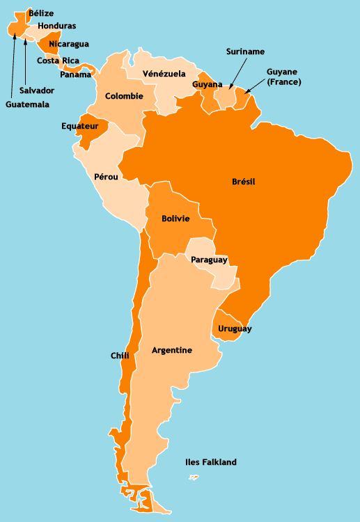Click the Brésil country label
244,182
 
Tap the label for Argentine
172,350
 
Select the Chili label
120,356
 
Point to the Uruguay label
235,329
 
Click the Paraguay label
209,260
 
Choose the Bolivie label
175,219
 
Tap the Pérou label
105,177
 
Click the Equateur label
79,127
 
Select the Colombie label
124,96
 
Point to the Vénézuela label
164,73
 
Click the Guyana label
207,84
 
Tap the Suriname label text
245,52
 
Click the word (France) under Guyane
283,82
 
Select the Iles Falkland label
211,462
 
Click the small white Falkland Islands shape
194,477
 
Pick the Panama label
75,74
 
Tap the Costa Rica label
58,61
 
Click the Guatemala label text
27,104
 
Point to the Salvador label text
37,90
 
